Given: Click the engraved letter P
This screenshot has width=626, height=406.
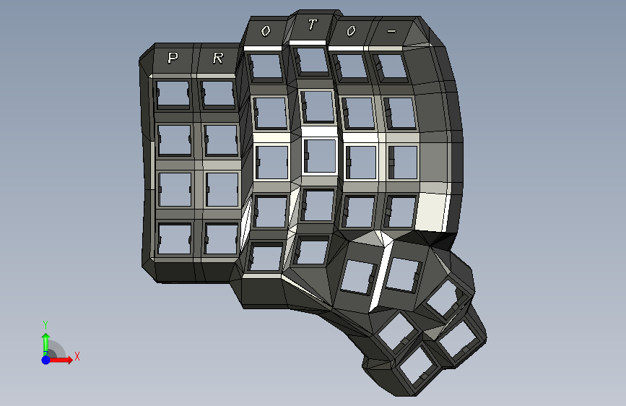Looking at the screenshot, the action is (173, 58).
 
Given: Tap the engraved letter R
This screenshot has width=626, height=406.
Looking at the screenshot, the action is (217, 59).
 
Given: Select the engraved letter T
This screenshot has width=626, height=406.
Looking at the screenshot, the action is (312, 25).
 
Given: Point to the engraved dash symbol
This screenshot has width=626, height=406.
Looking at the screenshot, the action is (391, 31).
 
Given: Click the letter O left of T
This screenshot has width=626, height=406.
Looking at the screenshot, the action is (266, 31).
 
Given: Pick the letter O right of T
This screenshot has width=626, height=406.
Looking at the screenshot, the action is (351, 31).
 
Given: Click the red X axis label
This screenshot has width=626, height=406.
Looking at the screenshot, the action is (77, 356).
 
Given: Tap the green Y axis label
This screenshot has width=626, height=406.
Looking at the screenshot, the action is (45, 325).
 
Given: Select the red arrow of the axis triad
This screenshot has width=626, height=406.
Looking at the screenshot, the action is (60, 360).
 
